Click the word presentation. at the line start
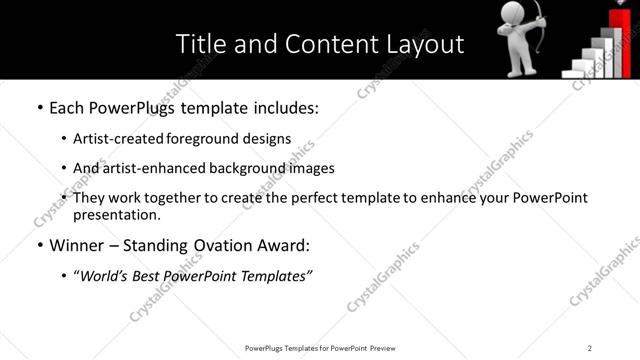[x=116, y=214]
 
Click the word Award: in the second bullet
[x=278, y=245]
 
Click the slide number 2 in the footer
[x=590, y=348]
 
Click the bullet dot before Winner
[x=39, y=245]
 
